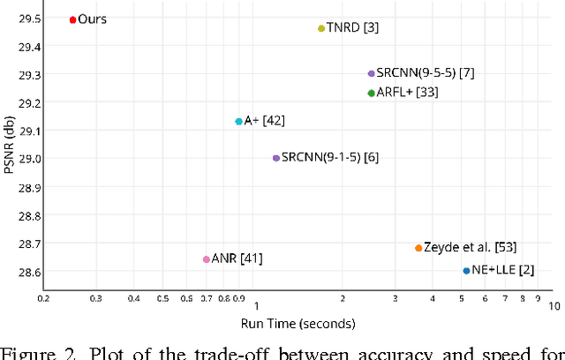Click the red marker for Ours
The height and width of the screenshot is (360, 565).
[72, 19]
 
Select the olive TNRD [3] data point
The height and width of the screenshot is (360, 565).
[321, 28]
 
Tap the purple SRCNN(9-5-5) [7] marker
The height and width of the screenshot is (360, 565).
[371, 74]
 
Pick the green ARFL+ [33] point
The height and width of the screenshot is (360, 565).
[371, 93]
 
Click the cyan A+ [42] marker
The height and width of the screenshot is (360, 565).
[238, 121]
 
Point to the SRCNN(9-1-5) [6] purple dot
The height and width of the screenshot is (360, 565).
[276, 158]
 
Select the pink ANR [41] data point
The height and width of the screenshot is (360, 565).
[207, 259]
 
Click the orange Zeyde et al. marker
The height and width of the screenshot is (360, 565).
[418, 248]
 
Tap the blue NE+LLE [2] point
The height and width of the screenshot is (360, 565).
[466, 271]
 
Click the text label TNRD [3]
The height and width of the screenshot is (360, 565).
[353, 28]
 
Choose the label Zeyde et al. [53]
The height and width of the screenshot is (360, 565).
[470, 247]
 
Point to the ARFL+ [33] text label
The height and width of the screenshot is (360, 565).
[408, 93]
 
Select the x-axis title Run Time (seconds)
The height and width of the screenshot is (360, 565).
[300, 324]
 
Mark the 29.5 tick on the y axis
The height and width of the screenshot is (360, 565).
[31, 19]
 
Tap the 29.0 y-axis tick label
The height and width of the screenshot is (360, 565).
[31, 159]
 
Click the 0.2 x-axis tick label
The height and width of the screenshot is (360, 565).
[43, 299]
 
